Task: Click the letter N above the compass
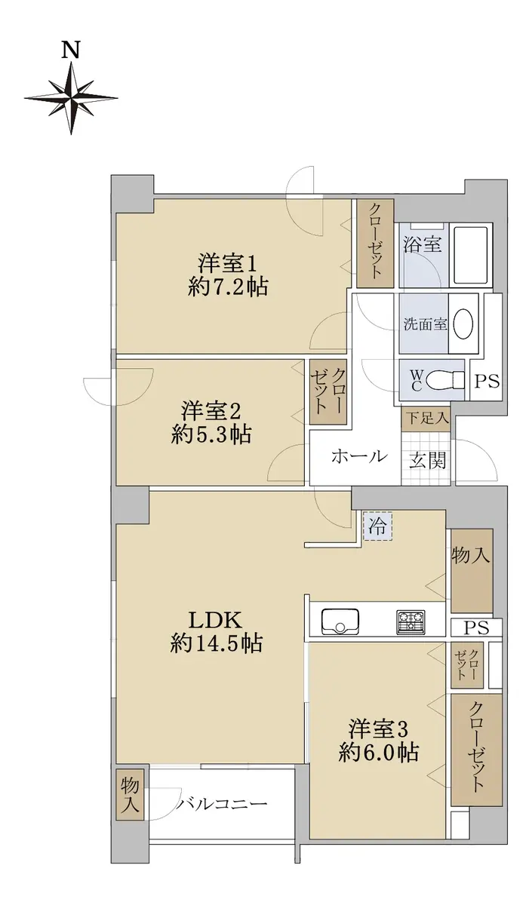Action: click(70, 51)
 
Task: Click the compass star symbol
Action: click(71, 98)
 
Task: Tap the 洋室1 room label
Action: click(227, 264)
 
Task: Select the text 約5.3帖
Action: click(211, 434)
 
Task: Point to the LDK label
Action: click(216, 620)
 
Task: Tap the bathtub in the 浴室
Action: click(470, 256)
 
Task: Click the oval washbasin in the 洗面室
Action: click(463, 324)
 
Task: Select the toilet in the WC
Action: click(446, 380)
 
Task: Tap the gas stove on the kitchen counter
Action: click(411, 621)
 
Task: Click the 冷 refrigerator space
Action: click(377, 526)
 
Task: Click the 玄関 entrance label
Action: click(427, 460)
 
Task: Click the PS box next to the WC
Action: click(487, 382)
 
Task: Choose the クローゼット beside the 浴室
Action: click(375, 244)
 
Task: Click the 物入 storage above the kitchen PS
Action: click(471, 570)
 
